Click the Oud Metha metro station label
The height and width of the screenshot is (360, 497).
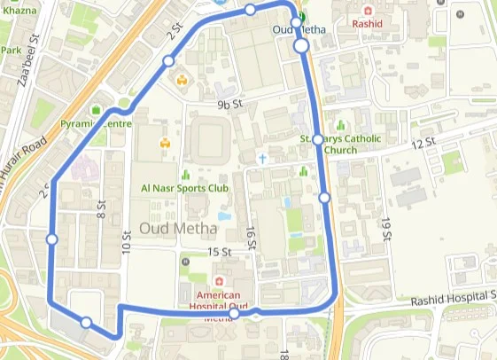point(299,29)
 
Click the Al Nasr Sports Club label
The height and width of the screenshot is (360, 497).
point(184,188)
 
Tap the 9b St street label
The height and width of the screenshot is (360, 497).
point(229,105)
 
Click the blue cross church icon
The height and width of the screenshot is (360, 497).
point(262,158)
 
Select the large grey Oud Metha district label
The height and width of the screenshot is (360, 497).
point(178,228)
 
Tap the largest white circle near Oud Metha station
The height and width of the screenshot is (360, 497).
point(301,44)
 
